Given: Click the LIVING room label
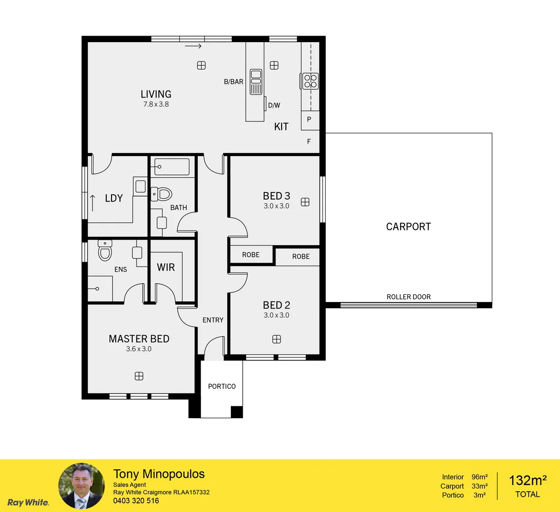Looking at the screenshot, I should (156, 94).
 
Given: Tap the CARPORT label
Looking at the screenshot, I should (408, 227).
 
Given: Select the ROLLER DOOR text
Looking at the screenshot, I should (408, 297).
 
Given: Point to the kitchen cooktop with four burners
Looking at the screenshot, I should (311, 81).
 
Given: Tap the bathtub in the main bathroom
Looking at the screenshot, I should (172, 167).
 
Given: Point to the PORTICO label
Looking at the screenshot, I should (222, 386).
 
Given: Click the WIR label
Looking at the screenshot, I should (166, 267).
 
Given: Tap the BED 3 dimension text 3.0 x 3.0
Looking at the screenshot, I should (276, 206).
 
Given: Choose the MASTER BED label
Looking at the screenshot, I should (139, 339).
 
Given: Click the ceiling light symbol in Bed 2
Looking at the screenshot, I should (276, 339).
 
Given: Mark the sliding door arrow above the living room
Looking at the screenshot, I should (193, 46).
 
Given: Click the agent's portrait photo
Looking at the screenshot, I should (81, 486).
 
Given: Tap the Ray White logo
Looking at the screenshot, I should (28, 503).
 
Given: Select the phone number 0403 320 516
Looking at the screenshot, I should (136, 501).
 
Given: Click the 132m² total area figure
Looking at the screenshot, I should (527, 481).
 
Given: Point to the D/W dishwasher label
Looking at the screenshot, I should (274, 105).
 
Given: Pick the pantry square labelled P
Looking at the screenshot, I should (309, 119).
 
